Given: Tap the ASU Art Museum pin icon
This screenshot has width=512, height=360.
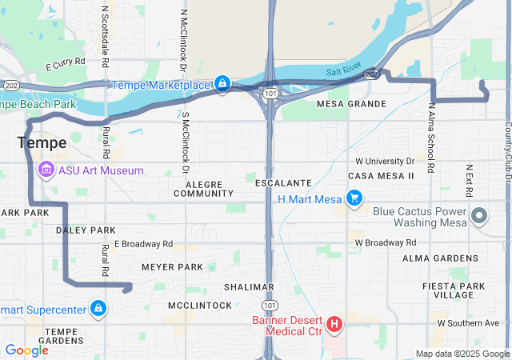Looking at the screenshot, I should pyautogui.click(x=46, y=170).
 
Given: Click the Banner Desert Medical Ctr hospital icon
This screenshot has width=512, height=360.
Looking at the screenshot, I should pyautogui.click(x=334, y=324).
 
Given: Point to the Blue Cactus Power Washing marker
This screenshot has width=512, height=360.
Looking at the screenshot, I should pyautogui.click(x=479, y=215).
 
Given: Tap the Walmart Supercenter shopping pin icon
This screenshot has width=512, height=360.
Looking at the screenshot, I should pyautogui.click(x=98, y=308).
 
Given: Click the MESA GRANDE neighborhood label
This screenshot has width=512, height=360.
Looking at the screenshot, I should pyautogui.click(x=352, y=104).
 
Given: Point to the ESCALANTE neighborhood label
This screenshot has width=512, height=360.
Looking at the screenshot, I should pyautogui.click(x=278, y=183).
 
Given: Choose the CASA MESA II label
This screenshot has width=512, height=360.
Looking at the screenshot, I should pyautogui.click(x=381, y=175).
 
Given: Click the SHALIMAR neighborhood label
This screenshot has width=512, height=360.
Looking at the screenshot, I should pyautogui.click(x=250, y=286).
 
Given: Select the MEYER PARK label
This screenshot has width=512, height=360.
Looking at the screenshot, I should pyautogui.click(x=172, y=266).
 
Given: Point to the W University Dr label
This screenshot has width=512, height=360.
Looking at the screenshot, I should pyautogui.click(x=385, y=161).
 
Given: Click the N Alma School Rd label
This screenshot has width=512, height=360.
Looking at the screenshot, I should pyautogui.click(x=431, y=138).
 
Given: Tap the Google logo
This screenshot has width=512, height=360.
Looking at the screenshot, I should pyautogui.click(x=26, y=350).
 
